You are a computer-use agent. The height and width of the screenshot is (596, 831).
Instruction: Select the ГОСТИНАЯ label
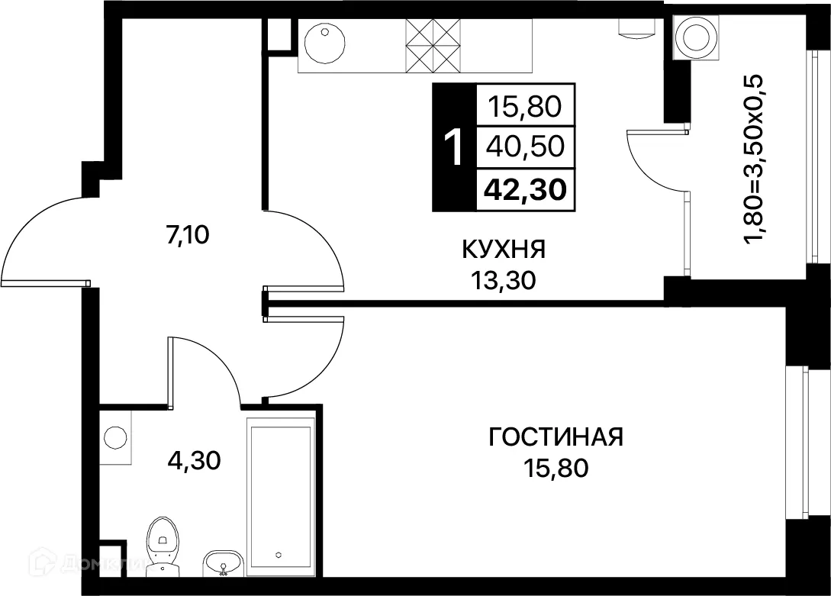point(556,437)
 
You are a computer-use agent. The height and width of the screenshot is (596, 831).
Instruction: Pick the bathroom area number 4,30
point(194,460)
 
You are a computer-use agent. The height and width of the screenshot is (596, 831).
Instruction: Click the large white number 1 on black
point(453,147)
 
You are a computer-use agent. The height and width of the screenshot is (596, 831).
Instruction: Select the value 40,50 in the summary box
point(526,146)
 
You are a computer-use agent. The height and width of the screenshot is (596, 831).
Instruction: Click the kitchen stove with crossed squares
point(431,45)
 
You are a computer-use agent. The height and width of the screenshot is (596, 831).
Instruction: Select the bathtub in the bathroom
point(280,495)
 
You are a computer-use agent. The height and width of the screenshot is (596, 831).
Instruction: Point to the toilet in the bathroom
point(162,539)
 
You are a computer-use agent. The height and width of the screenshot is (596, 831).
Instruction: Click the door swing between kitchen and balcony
point(656,162)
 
